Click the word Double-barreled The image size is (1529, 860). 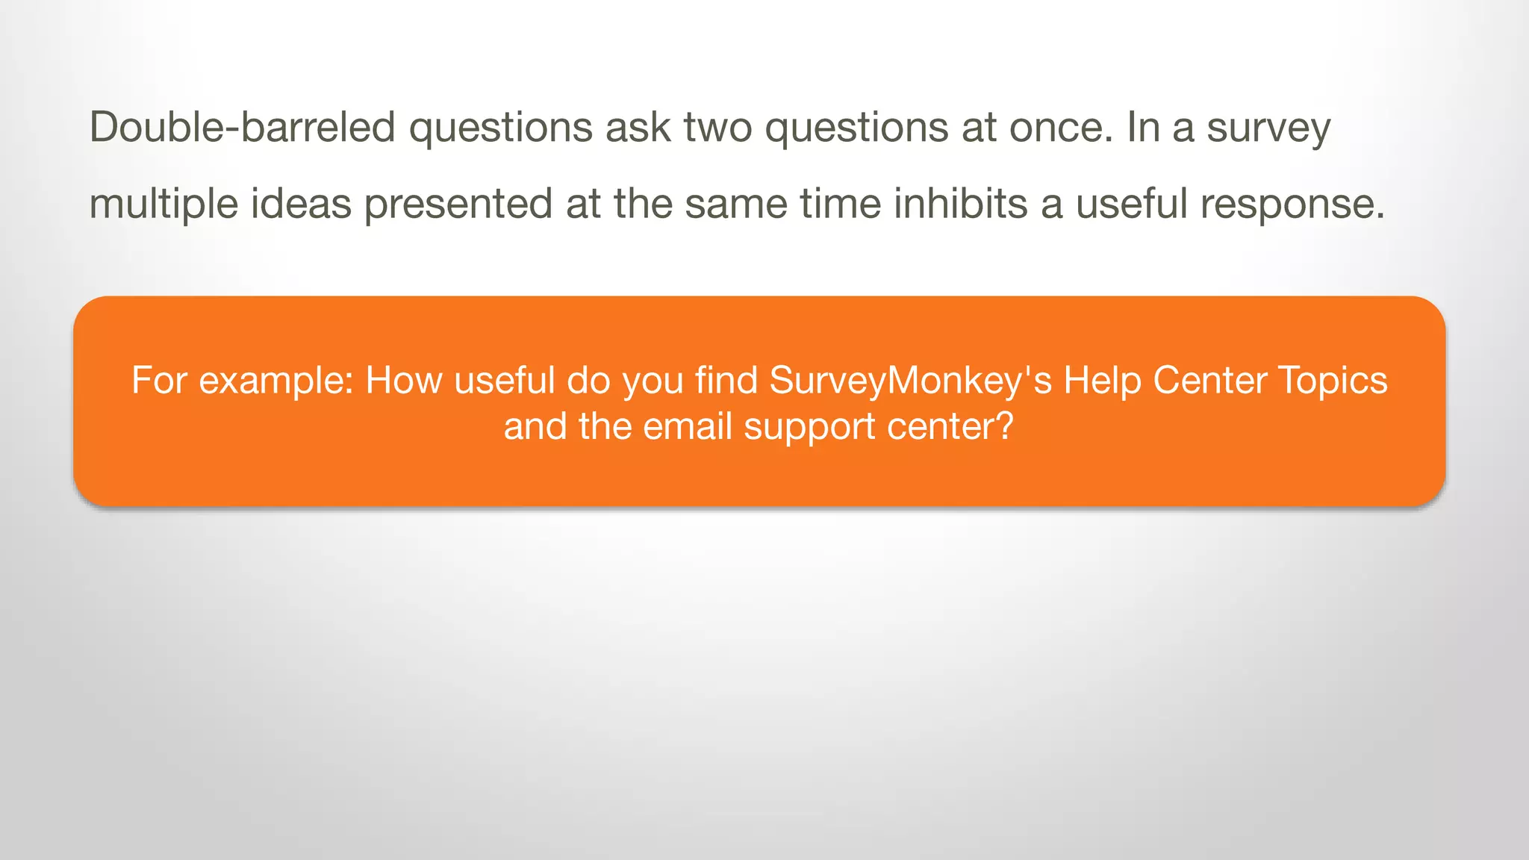click(x=242, y=127)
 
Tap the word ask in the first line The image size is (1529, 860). click(x=638, y=127)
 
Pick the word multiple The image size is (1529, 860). click(x=164, y=204)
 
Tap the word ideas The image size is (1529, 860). click(x=301, y=203)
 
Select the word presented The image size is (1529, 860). click(x=458, y=204)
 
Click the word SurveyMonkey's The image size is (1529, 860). click(x=910, y=381)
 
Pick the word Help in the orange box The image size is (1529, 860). click(x=1101, y=381)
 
